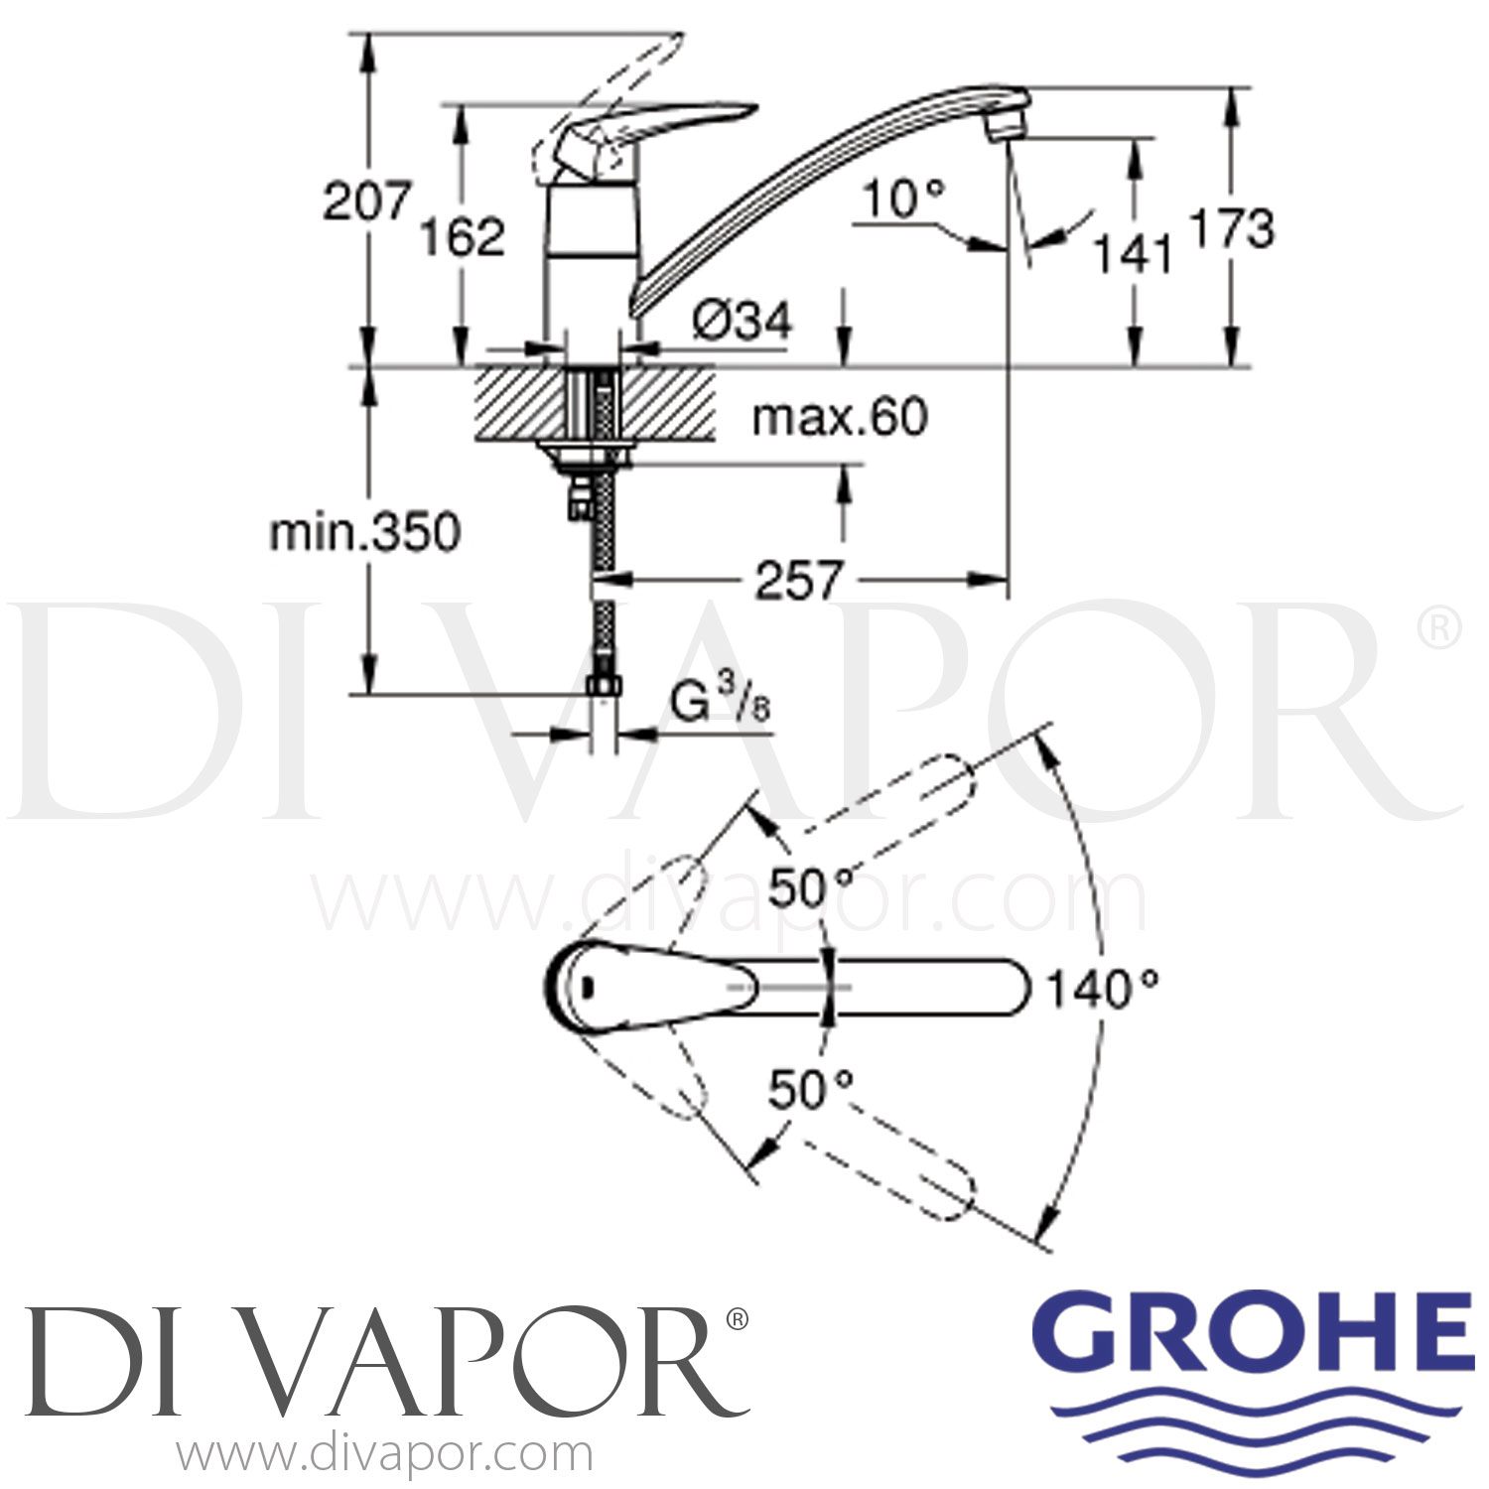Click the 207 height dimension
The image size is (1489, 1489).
click(366, 202)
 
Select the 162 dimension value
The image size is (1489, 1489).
click(463, 236)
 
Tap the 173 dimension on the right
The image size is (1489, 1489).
click(1231, 228)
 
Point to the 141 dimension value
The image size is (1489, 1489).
click(1133, 254)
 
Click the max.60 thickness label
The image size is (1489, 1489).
click(840, 417)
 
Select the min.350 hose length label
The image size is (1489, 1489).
click(365, 533)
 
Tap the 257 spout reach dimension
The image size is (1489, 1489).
click(799, 580)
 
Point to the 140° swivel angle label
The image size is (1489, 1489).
click(1103, 989)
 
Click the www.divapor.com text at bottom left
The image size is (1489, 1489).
click(385, 1455)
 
